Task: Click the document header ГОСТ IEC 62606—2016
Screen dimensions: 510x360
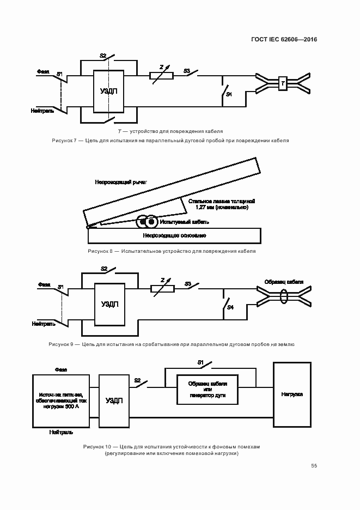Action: (x=284, y=40)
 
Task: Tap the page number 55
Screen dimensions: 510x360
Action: (x=314, y=466)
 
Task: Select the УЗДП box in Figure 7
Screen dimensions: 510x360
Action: (x=109, y=91)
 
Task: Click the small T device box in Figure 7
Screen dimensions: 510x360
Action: (x=282, y=83)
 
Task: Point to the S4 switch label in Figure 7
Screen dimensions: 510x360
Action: (x=229, y=95)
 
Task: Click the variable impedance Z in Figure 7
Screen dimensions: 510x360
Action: (x=162, y=76)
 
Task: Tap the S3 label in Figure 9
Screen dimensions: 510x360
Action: (x=188, y=283)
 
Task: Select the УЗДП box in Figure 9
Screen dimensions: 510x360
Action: (x=110, y=304)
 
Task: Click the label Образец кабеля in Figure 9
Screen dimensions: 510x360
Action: (x=284, y=282)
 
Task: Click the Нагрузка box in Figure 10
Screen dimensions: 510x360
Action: (x=292, y=393)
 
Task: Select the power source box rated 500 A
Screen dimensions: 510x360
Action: (x=60, y=400)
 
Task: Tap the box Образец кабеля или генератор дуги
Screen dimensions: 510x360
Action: (x=207, y=389)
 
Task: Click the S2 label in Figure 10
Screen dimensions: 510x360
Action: (x=137, y=380)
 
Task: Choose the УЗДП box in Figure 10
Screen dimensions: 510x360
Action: (x=113, y=400)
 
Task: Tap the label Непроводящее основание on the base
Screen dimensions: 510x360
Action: (x=174, y=235)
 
